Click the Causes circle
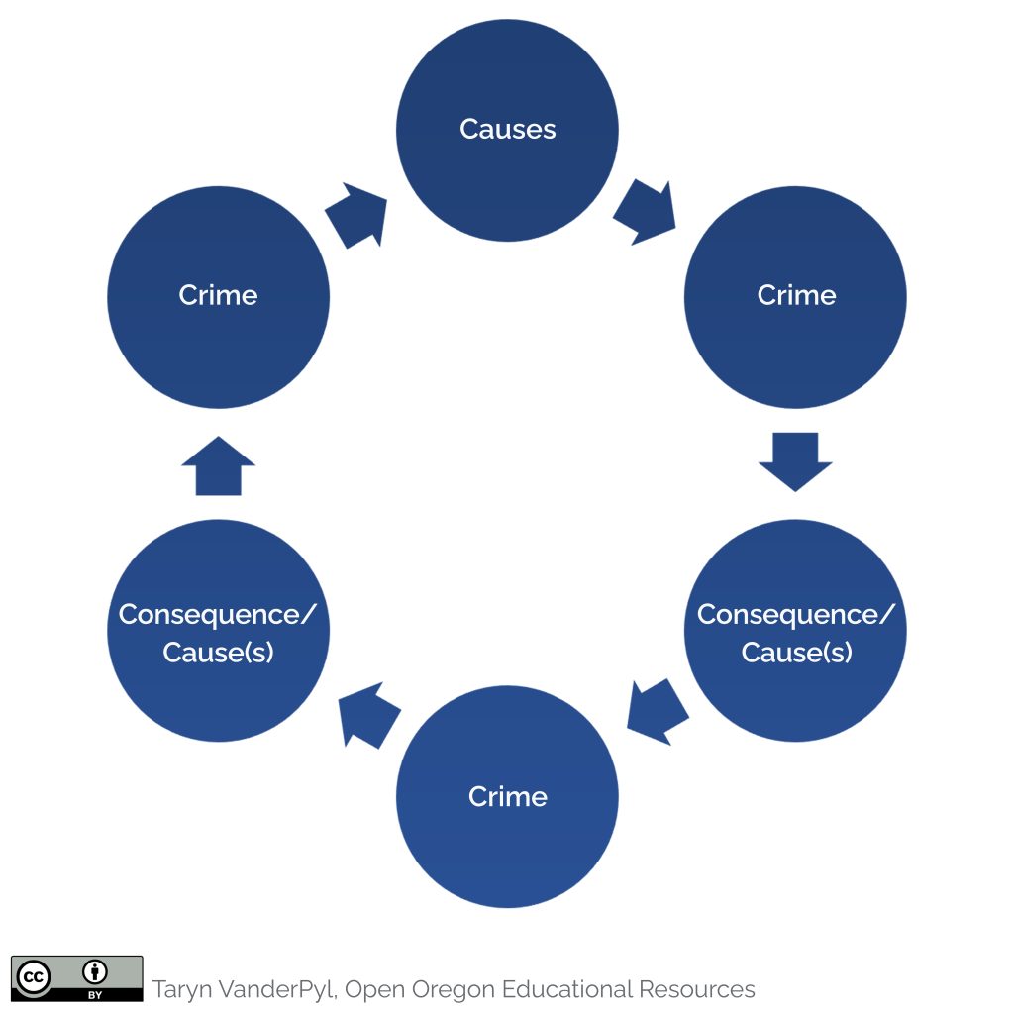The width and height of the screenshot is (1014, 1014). click(507, 130)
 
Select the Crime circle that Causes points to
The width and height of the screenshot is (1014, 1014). click(795, 296)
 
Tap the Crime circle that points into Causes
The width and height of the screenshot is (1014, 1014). click(218, 296)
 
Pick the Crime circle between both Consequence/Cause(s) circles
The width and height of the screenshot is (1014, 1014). click(507, 797)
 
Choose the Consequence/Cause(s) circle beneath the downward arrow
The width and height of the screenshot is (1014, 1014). click(795, 631)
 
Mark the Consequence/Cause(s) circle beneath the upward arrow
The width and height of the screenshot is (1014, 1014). click(218, 631)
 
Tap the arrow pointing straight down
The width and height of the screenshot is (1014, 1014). click(795, 461)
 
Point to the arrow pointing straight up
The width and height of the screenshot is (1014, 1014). click(219, 465)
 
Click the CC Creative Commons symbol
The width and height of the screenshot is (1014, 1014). click(32, 976)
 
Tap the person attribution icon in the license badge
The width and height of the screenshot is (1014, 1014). click(96, 970)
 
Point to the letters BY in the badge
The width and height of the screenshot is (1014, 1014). click(96, 991)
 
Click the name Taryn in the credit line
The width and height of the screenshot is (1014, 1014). click(181, 989)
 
